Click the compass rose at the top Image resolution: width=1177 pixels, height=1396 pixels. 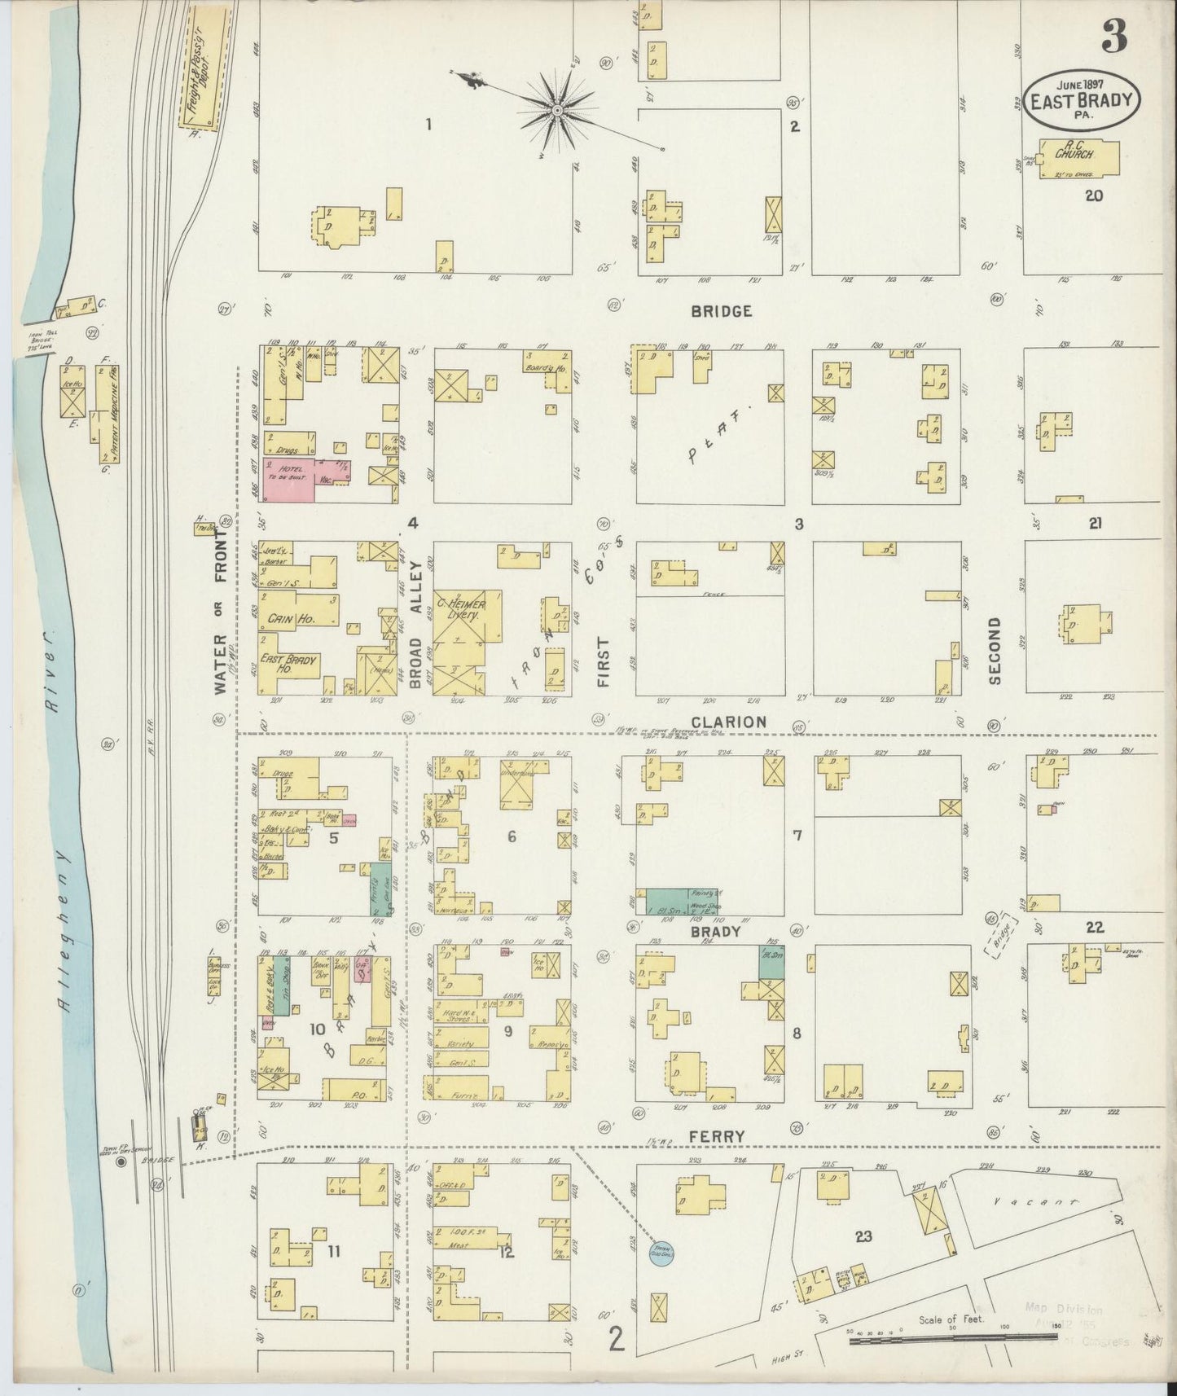557,109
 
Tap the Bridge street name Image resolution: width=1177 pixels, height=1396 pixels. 721,310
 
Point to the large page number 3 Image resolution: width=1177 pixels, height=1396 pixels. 1114,35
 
